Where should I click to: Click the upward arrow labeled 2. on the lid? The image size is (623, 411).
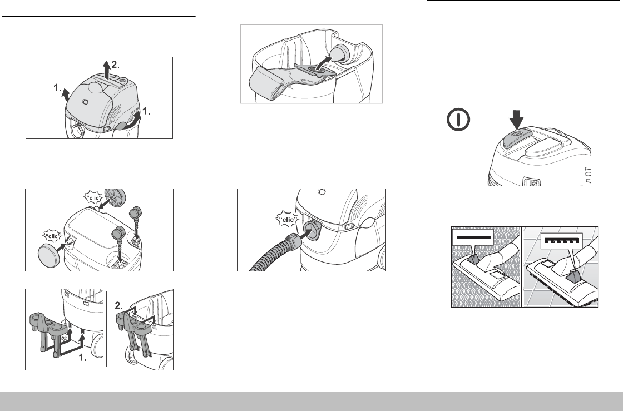106,70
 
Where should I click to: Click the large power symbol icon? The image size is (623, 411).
458,119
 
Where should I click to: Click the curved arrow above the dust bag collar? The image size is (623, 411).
323,63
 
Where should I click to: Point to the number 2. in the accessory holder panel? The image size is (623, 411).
119,305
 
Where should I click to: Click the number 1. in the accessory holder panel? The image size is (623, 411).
82,358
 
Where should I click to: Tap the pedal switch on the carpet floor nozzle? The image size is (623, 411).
472,259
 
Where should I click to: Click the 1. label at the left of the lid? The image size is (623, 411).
58,87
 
